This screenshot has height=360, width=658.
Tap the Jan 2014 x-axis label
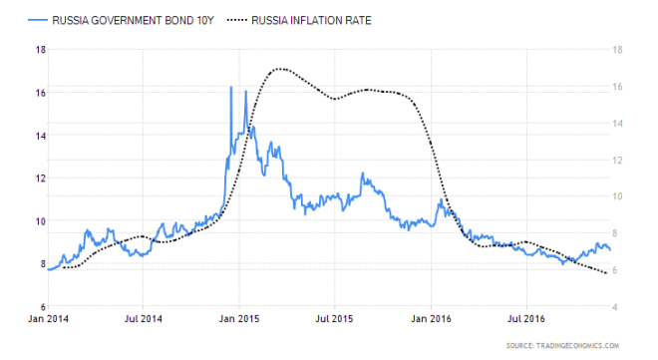coord(48,320)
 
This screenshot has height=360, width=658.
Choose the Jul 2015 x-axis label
coord(334,320)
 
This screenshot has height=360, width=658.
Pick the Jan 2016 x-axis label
coord(431,320)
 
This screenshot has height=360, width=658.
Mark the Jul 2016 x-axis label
coord(525,320)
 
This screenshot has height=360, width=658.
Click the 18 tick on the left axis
coord(40,49)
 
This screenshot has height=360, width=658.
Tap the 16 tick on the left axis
coord(40,92)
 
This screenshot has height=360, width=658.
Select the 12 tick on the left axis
coord(40,178)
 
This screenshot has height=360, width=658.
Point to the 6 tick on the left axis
coord(42,306)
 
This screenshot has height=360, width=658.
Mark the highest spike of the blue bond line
coord(231,88)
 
